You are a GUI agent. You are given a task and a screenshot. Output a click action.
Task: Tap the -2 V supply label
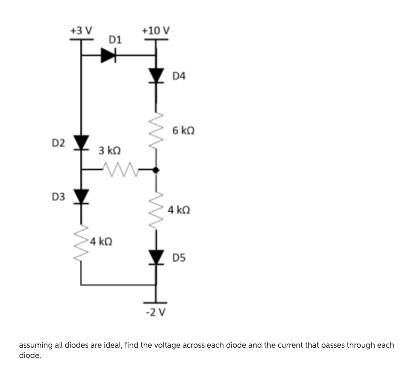click(156, 312)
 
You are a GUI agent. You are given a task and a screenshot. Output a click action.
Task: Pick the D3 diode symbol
click(81, 197)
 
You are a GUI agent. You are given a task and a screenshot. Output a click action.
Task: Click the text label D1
click(115, 40)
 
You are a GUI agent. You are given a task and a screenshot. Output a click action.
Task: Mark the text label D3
click(58, 197)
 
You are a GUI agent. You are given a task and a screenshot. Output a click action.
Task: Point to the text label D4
click(180, 76)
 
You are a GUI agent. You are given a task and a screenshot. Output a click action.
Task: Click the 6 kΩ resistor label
click(184, 130)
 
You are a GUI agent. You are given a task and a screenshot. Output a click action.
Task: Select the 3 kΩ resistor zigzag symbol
click(121, 170)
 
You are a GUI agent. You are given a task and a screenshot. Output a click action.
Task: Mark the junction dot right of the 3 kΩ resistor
click(156, 170)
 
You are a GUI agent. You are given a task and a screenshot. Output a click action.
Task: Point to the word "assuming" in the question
click(36, 345)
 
